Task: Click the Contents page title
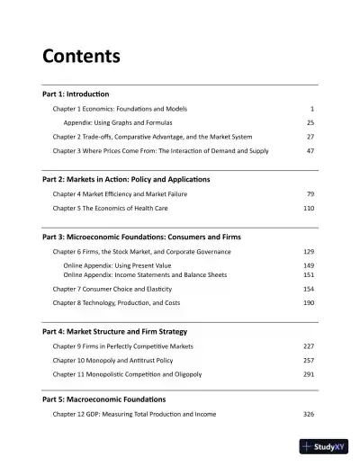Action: [x=82, y=57]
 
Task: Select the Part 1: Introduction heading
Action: [x=76, y=94]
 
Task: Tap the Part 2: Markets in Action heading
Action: [x=126, y=180]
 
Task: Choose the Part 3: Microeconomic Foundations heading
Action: [x=141, y=237]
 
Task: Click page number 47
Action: [x=310, y=150]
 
